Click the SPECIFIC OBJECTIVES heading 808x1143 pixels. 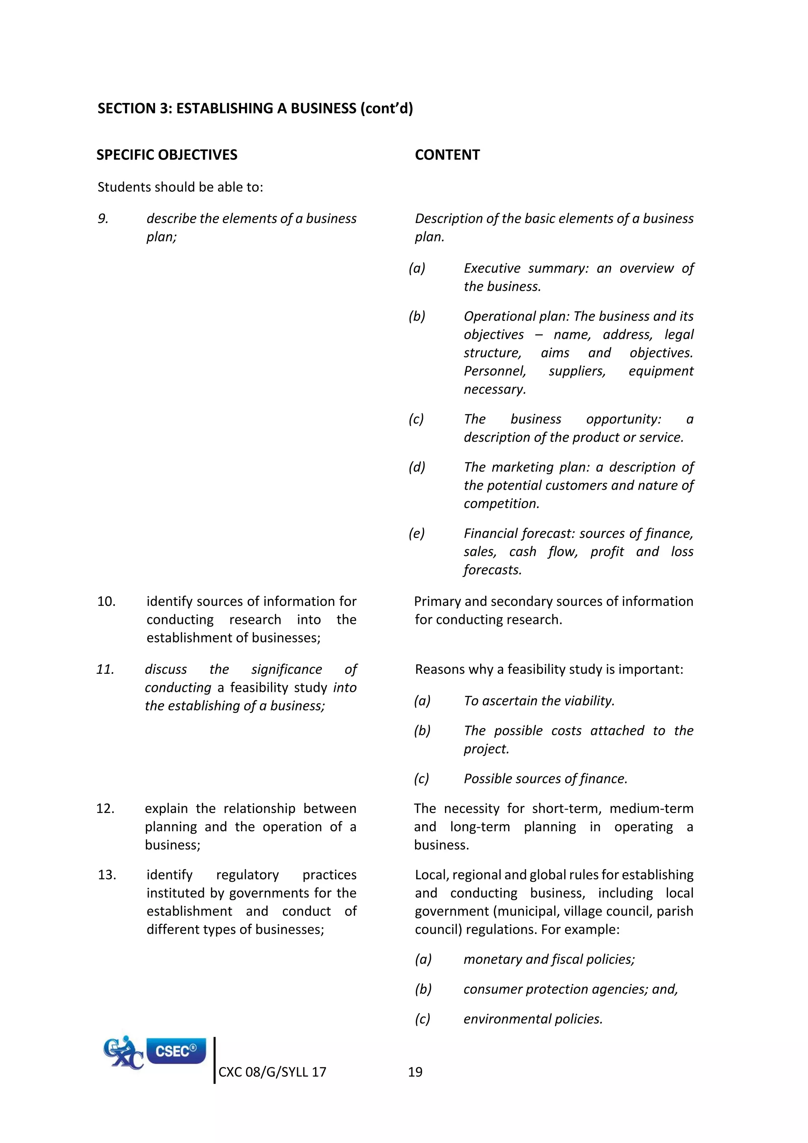[x=166, y=155]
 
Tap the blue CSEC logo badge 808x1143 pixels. [x=176, y=1051]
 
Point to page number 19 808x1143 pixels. [x=415, y=1072]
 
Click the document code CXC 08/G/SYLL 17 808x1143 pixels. [x=272, y=1072]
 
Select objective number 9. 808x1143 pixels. [x=103, y=219]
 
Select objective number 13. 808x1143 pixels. [x=107, y=875]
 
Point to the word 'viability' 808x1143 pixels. [x=589, y=701]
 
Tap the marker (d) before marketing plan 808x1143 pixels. [x=417, y=467]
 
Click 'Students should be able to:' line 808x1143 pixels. [x=180, y=187]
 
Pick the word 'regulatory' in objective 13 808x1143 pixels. [x=247, y=875]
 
